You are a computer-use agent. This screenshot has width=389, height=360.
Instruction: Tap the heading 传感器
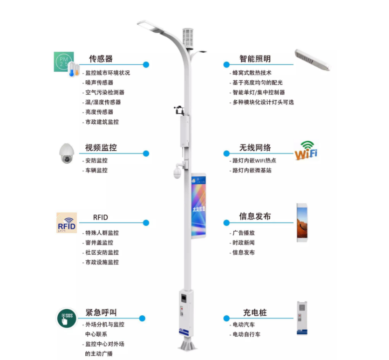[x=101, y=59]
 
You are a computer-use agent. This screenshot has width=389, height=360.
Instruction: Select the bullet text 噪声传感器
[x=99, y=83]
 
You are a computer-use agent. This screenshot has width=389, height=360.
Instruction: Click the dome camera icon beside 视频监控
[x=67, y=153]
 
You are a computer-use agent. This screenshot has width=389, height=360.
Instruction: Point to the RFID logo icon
[x=67, y=223]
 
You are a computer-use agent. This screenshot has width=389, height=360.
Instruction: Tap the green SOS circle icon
[x=67, y=318]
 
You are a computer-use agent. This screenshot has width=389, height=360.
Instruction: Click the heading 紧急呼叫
[x=101, y=312]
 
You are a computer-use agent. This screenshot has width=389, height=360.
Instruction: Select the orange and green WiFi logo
[x=306, y=151]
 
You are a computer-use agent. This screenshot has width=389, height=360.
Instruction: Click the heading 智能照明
[x=255, y=59]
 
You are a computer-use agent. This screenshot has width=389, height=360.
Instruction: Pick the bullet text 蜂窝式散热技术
[x=252, y=73]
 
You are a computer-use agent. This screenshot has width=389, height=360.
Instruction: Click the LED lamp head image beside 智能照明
[x=313, y=60]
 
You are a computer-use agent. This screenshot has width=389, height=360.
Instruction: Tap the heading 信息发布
[x=255, y=216]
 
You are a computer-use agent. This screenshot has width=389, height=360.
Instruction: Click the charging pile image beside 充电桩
[x=302, y=318]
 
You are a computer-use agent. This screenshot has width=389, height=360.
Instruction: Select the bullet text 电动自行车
[x=246, y=334]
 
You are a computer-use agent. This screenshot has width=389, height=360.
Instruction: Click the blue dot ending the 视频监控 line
[x=146, y=153]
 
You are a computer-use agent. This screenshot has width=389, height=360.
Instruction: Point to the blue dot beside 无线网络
[x=226, y=153]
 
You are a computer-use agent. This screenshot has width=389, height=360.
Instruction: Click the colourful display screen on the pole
[x=198, y=206]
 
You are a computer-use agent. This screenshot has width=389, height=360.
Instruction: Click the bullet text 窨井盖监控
[x=99, y=242]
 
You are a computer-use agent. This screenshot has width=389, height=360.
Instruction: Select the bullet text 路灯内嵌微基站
[x=252, y=170]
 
